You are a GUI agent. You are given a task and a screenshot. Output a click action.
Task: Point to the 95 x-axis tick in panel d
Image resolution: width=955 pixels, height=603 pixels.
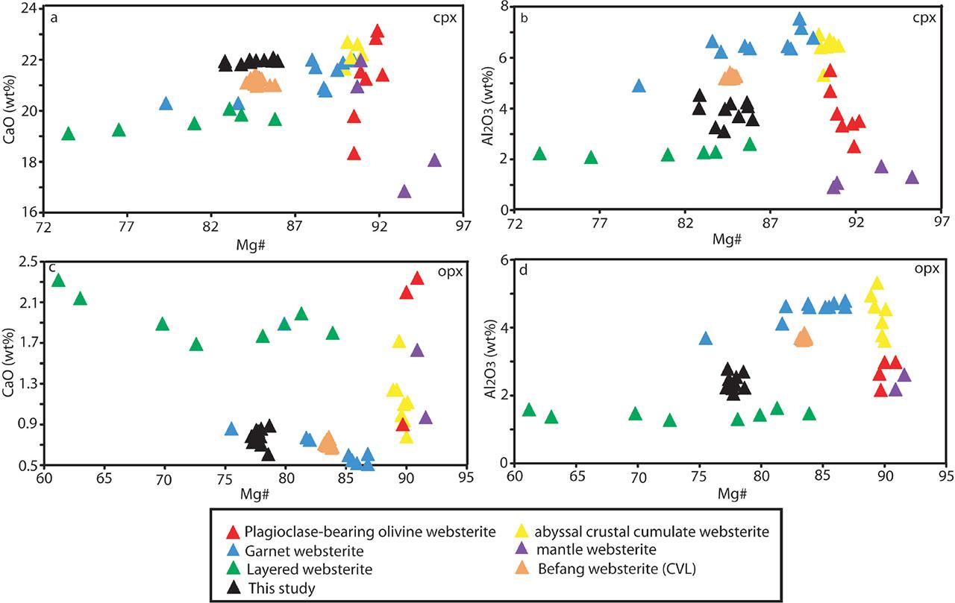[x=946, y=475]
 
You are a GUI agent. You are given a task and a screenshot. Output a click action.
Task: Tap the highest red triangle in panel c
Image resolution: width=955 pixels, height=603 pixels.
[x=416, y=278]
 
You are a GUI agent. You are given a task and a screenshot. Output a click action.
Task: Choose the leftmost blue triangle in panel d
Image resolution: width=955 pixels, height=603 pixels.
[x=705, y=338]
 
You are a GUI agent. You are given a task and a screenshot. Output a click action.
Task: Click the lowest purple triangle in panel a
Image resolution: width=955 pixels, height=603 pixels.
[x=404, y=192]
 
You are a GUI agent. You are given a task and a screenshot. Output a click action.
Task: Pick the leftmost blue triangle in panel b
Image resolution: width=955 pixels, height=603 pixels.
[x=639, y=86]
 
